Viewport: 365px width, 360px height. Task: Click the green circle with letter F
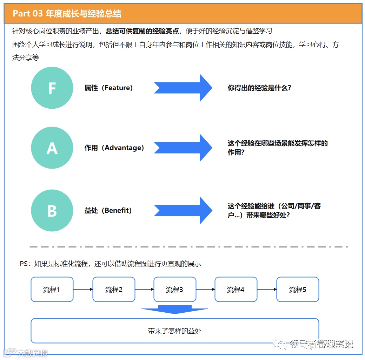[52, 88]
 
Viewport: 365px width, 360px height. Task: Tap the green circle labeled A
[52, 148]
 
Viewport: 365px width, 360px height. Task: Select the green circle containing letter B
[52, 210]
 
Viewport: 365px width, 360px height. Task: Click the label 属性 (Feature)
[109, 88]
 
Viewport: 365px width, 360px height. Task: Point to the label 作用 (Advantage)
[114, 148]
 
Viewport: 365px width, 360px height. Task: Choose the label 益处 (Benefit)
[108, 211]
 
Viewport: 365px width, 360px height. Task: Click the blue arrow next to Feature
[183, 88]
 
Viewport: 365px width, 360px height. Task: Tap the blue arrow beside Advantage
[183, 148]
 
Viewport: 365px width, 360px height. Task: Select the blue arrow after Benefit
[183, 210]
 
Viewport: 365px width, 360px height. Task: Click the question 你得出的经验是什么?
[259, 88]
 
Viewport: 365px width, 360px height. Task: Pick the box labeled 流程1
[52, 290]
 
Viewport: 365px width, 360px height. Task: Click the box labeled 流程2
[114, 290]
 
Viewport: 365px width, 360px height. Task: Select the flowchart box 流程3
[175, 290]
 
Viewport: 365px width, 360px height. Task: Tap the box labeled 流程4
[236, 290]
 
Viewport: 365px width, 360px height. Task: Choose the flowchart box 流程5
[298, 290]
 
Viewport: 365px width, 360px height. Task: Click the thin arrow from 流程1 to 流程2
[83, 290]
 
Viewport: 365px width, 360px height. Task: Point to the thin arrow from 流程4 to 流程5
[267, 290]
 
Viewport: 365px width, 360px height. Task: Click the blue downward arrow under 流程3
[175, 310]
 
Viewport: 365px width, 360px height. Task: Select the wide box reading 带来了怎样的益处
[175, 331]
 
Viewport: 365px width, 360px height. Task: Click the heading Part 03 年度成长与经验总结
[67, 14]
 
